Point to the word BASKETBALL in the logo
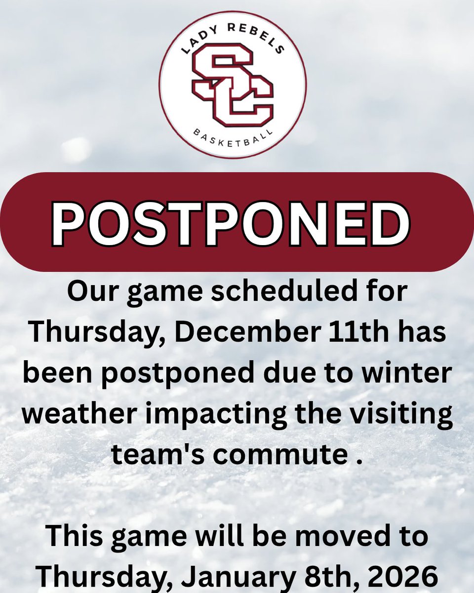pos(232,139)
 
